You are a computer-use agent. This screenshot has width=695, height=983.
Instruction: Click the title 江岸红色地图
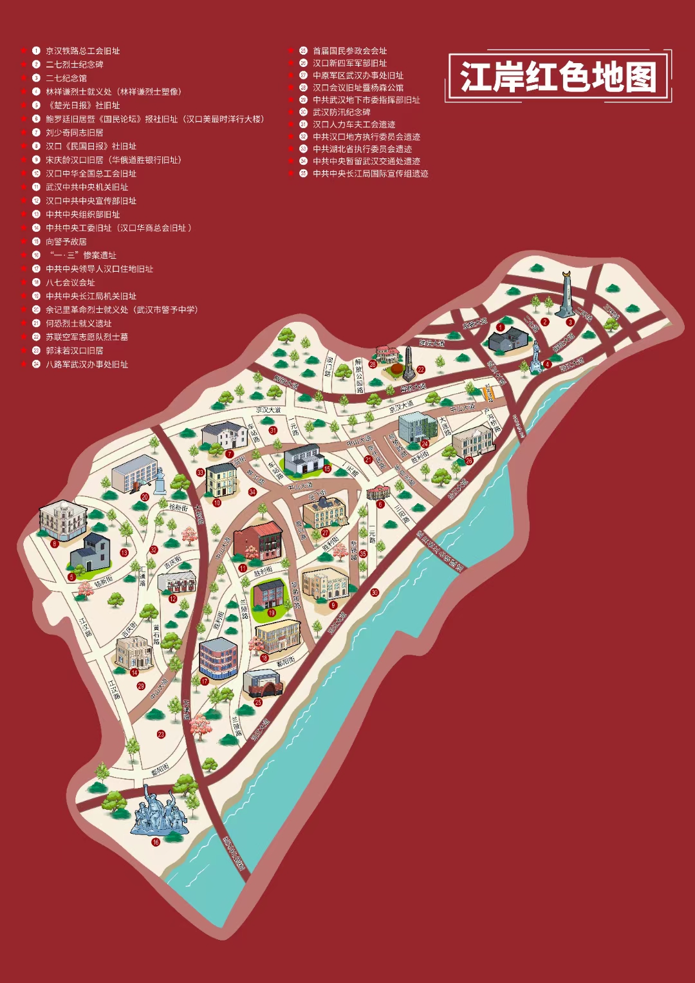pyautogui.click(x=558, y=77)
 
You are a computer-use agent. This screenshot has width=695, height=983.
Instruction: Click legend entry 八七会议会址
pyautogui.click(x=70, y=283)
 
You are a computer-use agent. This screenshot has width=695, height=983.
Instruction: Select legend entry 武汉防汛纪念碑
pyautogui.click(x=341, y=112)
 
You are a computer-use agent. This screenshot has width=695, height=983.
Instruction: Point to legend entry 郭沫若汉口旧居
pyautogui.click(x=74, y=351)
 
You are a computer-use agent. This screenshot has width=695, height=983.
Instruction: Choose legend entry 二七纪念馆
pyautogui.click(x=66, y=78)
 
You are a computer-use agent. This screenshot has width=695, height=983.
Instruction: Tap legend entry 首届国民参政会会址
pyautogui.click(x=349, y=51)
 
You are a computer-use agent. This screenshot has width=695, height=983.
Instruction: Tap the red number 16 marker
pyautogui.click(x=155, y=842)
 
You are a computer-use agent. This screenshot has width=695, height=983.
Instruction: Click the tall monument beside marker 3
pyautogui.click(x=566, y=294)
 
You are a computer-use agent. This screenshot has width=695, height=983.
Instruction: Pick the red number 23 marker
pyautogui.click(x=161, y=734)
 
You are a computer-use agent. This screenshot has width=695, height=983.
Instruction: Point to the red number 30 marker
pyautogui.click(x=375, y=592)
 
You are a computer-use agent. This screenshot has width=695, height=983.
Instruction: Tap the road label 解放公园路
pyautogui.click(x=359, y=375)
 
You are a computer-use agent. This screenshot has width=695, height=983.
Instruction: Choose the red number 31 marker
pyautogui.click(x=273, y=431)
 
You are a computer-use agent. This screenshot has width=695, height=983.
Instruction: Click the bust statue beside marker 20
pyautogui.click(x=159, y=480)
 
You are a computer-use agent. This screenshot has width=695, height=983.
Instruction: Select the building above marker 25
pyautogui.click(x=263, y=683)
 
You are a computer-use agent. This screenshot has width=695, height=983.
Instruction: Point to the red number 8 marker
pyautogui.click(x=55, y=543)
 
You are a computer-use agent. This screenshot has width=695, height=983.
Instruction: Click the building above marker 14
pyautogui.click(x=133, y=651)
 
